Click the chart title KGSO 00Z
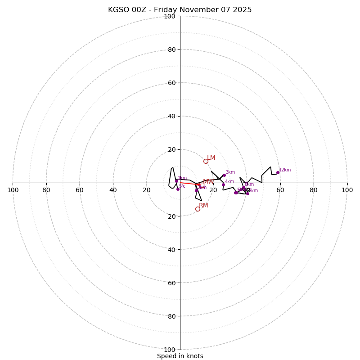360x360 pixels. point(180,10)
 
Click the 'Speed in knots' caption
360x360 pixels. point(180,356)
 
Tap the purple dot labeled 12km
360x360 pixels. point(278,172)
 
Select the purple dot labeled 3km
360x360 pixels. point(224,175)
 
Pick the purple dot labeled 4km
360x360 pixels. point(223,184)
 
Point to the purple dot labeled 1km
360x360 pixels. point(176,181)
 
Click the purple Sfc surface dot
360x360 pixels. point(178,189)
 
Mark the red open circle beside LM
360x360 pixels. point(206,161)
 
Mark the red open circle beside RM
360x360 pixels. point(198,209)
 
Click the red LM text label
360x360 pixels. point(211,158)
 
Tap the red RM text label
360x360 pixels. point(203,206)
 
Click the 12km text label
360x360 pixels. point(285,170)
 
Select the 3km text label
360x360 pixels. point(230,172)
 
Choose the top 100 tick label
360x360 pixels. point(170,16)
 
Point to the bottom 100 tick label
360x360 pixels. point(170,350)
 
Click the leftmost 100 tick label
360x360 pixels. point(13,190)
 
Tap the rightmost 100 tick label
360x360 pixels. point(347,190)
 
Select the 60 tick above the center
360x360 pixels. point(171,83)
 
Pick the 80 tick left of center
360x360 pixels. point(46,190)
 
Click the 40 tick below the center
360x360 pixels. point(171,249)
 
